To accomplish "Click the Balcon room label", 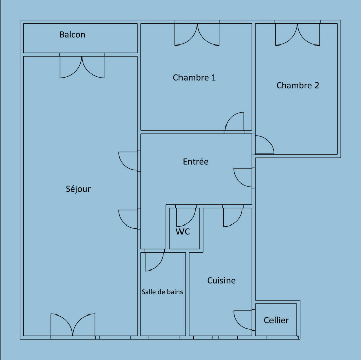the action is click(x=72, y=35).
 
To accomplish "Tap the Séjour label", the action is click(x=78, y=189).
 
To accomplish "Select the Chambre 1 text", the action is click(x=194, y=77).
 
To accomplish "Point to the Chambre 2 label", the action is click(x=297, y=85).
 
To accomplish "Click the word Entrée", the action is click(x=196, y=162).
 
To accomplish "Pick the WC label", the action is click(x=183, y=232).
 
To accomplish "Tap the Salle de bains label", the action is click(x=162, y=292).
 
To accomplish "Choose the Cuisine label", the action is click(x=221, y=280).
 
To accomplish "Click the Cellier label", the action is click(x=276, y=320).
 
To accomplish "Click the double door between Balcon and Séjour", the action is click(x=82, y=67).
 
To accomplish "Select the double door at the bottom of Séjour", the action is click(x=73, y=325).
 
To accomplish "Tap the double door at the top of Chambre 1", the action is click(x=197, y=34).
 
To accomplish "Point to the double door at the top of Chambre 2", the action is click(x=297, y=34).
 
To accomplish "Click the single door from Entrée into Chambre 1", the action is click(x=235, y=121).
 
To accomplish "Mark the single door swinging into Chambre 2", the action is click(x=264, y=145).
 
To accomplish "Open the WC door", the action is click(x=186, y=217).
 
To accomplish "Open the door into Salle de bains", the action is click(x=154, y=262).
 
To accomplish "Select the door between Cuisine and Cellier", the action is click(x=243, y=320).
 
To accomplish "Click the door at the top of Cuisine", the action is click(x=233, y=217).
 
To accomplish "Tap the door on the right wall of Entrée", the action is click(x=243, y=177).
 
